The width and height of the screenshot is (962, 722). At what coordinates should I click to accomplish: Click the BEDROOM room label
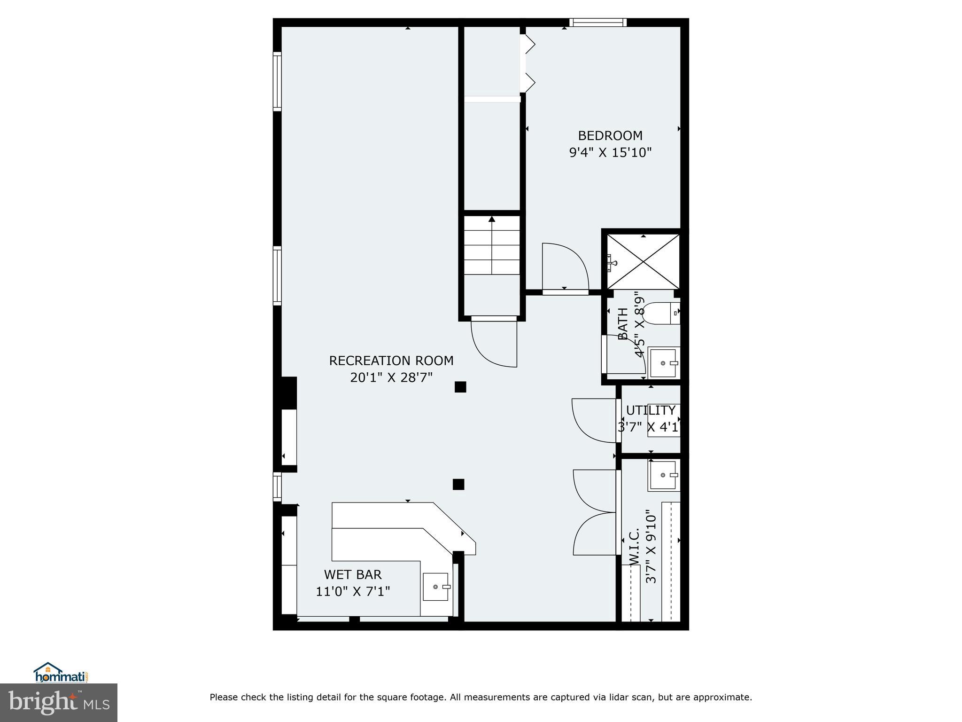[610, 136]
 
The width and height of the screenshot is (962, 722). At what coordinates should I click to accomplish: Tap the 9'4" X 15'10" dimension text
[610, 153]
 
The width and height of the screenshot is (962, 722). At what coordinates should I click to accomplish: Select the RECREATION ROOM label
[391, 361]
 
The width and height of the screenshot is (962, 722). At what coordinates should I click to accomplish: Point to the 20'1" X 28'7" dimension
[391, 378]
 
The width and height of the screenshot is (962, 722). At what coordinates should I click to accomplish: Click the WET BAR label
[352, 574]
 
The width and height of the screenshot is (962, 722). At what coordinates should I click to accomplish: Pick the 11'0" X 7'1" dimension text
[352, 591]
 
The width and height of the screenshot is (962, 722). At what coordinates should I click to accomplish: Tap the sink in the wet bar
[435, 587]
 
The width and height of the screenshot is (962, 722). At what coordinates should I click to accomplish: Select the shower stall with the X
[643, 261]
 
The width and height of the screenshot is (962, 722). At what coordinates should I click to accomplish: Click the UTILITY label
[651, 410]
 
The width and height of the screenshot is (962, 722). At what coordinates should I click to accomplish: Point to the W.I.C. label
[634, 546]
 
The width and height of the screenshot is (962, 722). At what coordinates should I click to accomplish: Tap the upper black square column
[460, 387]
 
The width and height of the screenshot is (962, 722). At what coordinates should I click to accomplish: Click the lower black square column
[458, 484]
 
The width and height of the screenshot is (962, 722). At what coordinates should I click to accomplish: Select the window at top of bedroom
[598, 22]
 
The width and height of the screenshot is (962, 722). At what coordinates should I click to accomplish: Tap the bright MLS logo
[59, 702]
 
